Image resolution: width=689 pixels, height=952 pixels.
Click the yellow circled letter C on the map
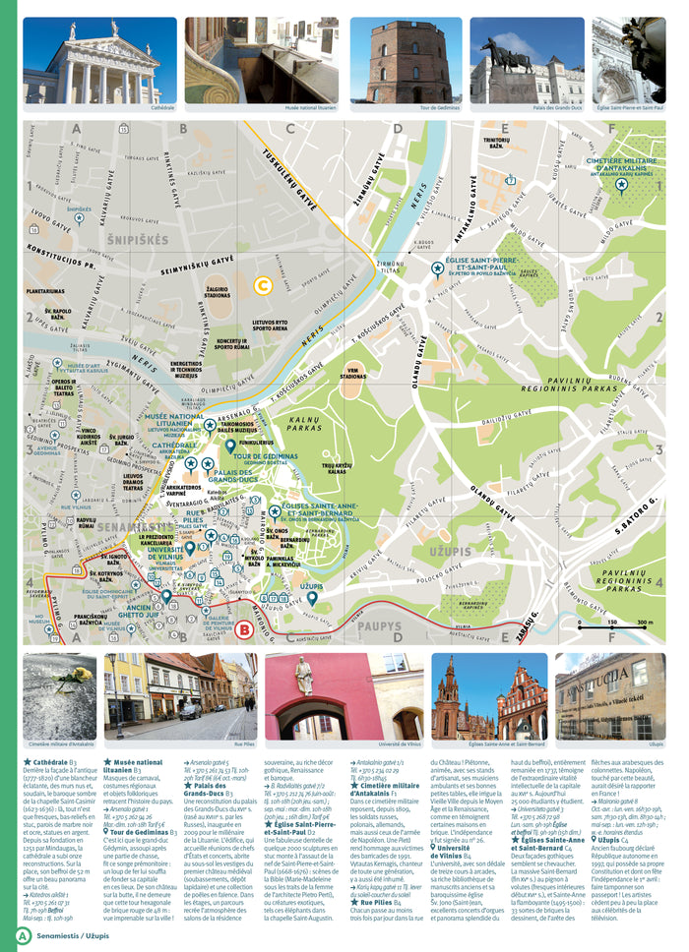pos(263,286)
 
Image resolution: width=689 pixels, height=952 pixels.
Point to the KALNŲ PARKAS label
pos(306,425)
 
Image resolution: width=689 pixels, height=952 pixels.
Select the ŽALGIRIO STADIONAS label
pos(217,292)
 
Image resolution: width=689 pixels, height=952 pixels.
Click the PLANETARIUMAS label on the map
pos(46,291)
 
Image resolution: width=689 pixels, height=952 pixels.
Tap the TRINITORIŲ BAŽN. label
pos(497,143)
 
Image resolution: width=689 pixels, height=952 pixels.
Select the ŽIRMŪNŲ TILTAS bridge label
pos(391,267)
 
